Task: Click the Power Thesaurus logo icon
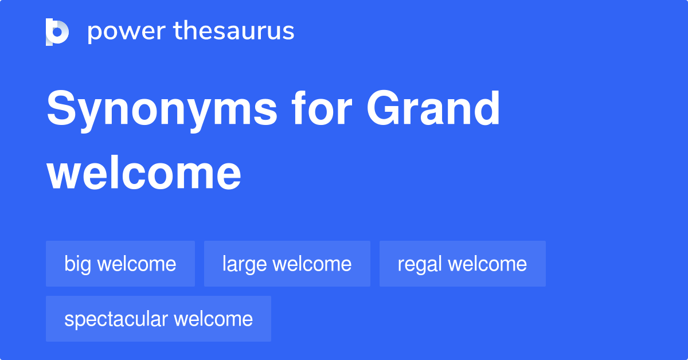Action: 57,32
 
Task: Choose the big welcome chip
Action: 120,264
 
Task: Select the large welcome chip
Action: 287,264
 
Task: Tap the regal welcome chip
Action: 462,264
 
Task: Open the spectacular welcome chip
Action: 158,319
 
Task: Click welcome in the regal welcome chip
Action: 487,264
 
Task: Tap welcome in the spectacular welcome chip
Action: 213,319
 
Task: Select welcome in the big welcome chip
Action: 136,264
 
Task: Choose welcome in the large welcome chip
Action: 312,264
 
